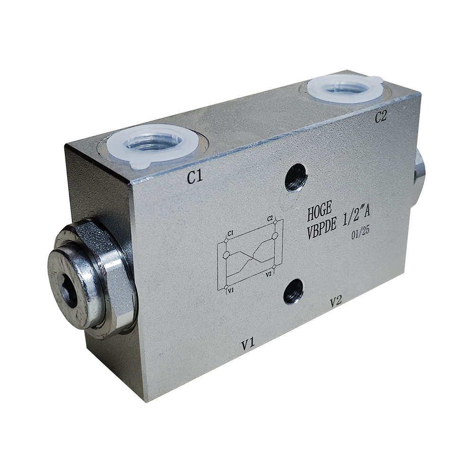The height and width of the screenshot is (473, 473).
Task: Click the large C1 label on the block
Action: tap(194, 178)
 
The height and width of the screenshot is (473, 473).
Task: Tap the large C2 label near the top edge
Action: tap(380, 117)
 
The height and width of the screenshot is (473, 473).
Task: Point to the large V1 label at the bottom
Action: tap(248, 345)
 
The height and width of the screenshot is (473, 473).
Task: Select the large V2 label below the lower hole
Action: tap(336, 301)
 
